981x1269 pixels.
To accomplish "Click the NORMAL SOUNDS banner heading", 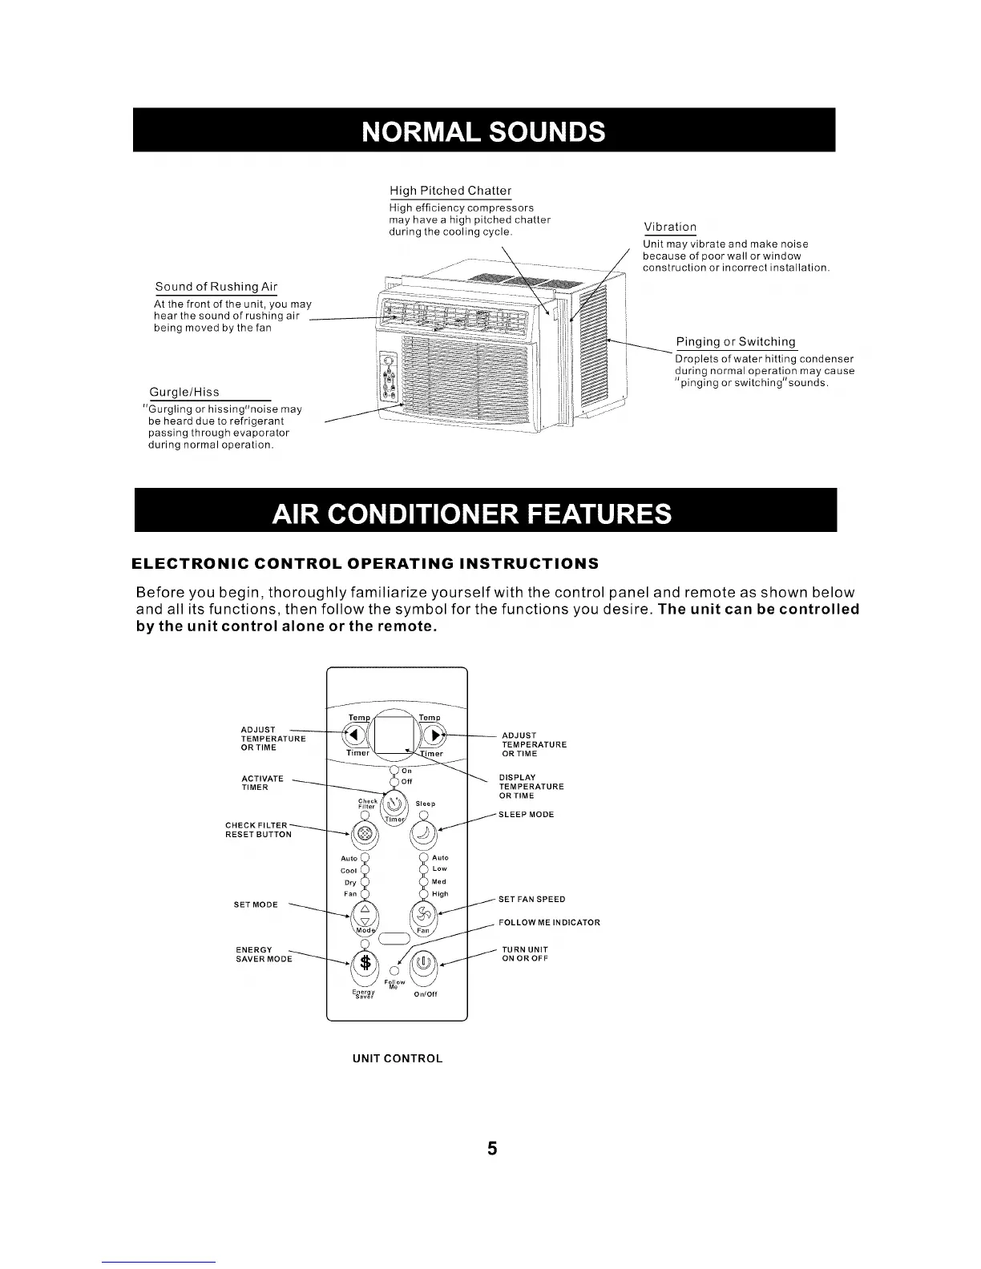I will click(x=483, y=131).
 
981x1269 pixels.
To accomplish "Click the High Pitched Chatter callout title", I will click(x=450, y=191).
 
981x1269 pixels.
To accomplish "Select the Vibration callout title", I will click(x=670, y=228).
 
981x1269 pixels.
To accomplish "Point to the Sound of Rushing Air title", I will click(x=216, y=287).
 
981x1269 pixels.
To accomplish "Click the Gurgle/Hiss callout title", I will click(x=184, y=392).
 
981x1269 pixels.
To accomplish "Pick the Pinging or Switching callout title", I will click(x=735, y=342).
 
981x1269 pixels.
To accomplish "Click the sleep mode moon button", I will click(x=423, y=835).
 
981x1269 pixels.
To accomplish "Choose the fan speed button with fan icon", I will click(x=423, y=913).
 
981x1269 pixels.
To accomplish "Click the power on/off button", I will click(x=423, y=961).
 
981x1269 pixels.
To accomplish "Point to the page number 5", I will click(x=492, y=1149).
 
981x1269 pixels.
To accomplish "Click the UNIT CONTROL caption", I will click(x=398, y=1058).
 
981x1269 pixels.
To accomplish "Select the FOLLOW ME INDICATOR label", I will click(x=549, y=922).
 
